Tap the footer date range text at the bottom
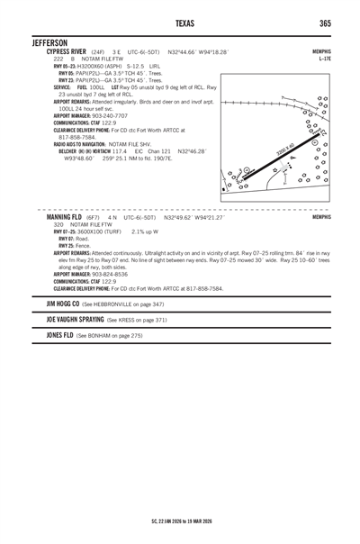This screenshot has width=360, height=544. point(180,521)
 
